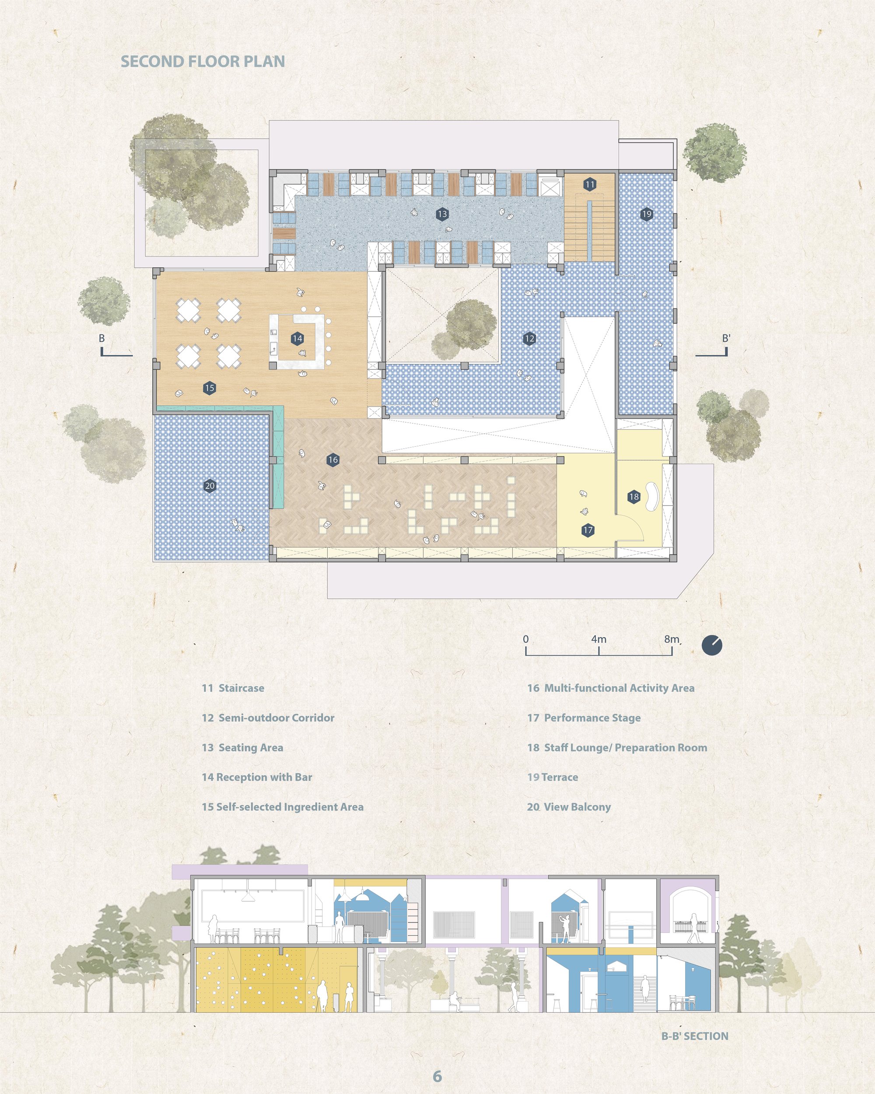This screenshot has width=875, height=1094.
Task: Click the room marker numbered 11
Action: tap(589, 185)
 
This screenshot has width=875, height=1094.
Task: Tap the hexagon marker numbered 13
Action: tap(442, 214)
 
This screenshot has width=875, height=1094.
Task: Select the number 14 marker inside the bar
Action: tap(297, 338)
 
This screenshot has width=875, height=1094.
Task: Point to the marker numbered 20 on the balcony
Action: tap(210, 486)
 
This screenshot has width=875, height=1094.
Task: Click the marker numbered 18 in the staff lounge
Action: tap(633, 497)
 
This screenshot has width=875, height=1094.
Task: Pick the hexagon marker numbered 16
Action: tap(333, 460)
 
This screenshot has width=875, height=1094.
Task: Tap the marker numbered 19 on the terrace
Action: tap(646, 214)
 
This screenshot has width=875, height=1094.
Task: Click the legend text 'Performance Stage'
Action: tap(592, 718)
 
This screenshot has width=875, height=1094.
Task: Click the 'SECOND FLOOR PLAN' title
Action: tap(203, 61)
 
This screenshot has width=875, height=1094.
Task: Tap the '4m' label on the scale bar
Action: tap(598, 639)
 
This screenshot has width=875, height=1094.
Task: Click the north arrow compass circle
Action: tap(712, 645)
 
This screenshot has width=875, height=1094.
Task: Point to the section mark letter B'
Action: tap(726, 338)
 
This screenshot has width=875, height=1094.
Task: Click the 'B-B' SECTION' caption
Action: tap(694, 1036)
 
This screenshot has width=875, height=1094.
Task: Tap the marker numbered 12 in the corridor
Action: tap(529, 338)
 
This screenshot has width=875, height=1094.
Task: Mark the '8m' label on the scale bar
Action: tap(672, 639)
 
